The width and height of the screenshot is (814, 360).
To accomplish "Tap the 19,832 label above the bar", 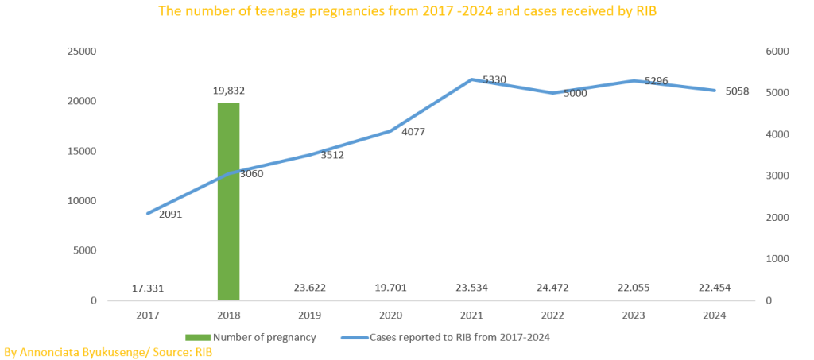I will click(x=228, y=91).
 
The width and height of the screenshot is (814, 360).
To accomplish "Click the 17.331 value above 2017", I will click(x=148, y=288).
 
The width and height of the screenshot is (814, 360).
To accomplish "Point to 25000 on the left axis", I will click(x=82, y=52).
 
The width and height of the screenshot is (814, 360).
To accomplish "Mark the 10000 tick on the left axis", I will click(x=82, y=201).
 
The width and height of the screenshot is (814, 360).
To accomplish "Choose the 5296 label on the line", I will click(x=657, y=81).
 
